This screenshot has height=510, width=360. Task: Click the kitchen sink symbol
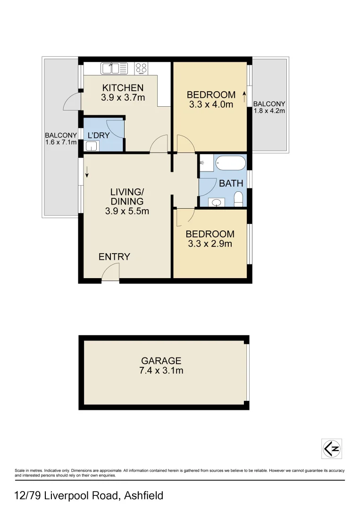[114, 68]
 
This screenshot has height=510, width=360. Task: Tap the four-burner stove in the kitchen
[141, 68]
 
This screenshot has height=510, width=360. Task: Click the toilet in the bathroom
[238, 199]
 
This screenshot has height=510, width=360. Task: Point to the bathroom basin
[216, 203]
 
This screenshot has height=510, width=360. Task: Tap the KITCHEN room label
[123, 88]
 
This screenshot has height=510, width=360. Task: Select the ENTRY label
[114, 257]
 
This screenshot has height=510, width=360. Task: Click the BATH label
[231, 183]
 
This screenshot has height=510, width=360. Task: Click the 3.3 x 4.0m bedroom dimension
[211, 104]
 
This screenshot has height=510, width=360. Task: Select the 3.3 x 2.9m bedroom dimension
[209, 244]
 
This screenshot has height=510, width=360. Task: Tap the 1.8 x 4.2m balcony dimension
[269, 111]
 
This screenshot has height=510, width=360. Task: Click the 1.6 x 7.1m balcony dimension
[61, 142]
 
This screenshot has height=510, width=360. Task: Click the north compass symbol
[331, 449]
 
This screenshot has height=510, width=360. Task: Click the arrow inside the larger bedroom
[244, 97]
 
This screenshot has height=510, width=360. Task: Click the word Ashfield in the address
[143, 496]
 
